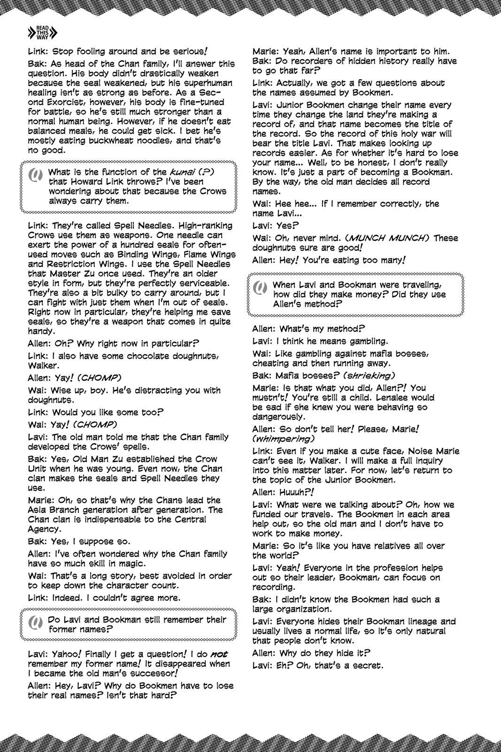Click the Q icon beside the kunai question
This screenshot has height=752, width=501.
coord(36,176)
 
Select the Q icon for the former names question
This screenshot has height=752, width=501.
coord(36,624)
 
